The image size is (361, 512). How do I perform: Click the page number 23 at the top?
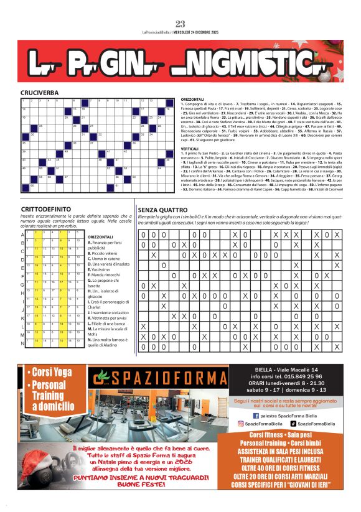(x=180, y=24)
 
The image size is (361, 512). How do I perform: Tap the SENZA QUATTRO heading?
(x=163, y=210)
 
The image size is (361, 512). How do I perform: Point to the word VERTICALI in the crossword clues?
(x=190, y=149)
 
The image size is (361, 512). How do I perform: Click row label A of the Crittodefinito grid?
(x=23, y=235)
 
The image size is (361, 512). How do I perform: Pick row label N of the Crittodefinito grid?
(x=23, y=343)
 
